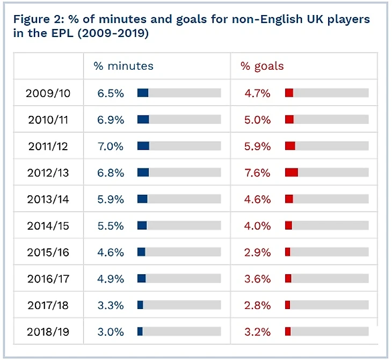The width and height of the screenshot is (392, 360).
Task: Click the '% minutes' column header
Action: (x=124, y=67)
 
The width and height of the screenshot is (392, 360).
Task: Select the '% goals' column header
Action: (x=262, y=67)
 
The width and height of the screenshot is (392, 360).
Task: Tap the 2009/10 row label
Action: (x=48, y=93)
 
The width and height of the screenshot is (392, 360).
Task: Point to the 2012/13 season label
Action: (x=48, y=173)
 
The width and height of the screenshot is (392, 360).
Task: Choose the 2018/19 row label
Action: (x=48, y=332)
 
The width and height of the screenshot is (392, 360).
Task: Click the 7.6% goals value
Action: (x=258, y=173)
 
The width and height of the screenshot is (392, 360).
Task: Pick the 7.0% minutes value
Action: (x=111, y=146)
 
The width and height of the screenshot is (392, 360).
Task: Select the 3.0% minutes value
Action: (x=111, y=332)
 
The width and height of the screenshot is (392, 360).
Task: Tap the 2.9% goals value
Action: (x=258, y=252)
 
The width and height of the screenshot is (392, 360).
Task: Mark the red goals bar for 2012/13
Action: (x=292, y=172)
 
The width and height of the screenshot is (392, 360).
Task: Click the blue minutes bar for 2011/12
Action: (x=143, y=146)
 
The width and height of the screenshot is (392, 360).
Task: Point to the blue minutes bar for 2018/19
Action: (x=140, y=332)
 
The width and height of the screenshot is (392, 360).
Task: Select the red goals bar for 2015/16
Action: (x=288, y=252)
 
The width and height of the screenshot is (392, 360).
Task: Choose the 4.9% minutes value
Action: (x=111, y=279)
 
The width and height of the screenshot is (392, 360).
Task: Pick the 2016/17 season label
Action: (x=48, y=279)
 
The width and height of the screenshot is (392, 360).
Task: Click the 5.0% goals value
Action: (x=258, y=120)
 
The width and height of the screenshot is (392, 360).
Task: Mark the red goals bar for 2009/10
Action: (x=289, y=93)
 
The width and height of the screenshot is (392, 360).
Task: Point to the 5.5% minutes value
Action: (x=111, y=226)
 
